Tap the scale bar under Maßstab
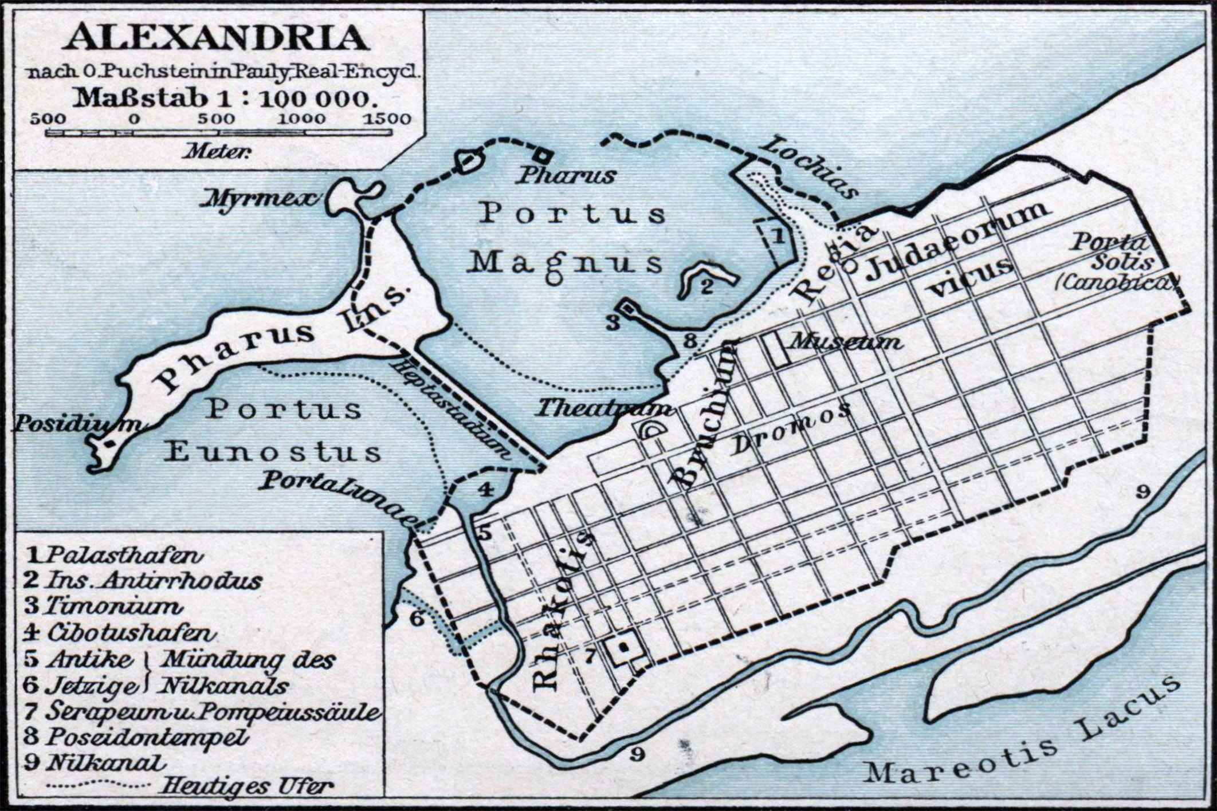[219, 133]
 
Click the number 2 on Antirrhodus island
[706, 286]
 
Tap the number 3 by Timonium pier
[614, 322]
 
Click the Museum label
[845, 342]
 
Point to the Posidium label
[77, 424]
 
